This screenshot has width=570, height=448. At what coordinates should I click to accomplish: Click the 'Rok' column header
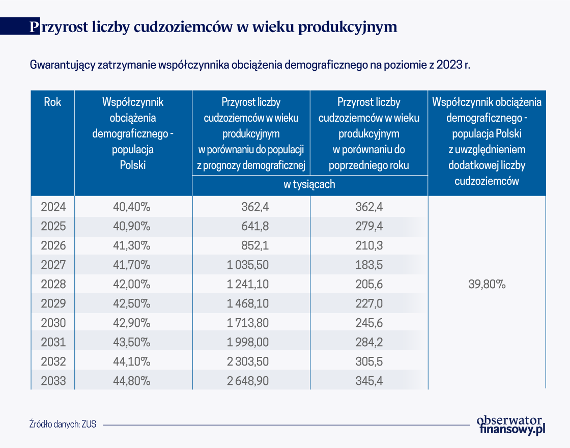click(53, 102)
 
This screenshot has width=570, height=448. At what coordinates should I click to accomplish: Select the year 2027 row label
click(53, 265)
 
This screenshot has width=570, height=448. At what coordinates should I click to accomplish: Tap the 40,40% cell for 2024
click(132, 207)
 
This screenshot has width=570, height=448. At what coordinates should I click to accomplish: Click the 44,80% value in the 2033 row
click(132, 381)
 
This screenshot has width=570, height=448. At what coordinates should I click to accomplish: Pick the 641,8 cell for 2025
click(255, 226)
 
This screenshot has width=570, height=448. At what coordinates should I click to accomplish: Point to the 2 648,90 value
click(247, 381)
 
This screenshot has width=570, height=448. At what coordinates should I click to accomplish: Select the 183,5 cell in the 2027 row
click(369, 265)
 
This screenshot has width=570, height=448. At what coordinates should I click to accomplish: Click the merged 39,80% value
click(487, 284)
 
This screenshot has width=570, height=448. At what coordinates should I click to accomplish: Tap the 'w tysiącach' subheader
click(309, 184)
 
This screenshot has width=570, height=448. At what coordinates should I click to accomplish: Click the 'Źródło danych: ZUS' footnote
click(63, 424)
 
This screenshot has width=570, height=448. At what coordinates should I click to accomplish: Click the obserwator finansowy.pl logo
click(511, 425)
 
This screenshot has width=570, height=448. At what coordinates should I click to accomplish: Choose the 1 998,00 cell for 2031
click(247, 342)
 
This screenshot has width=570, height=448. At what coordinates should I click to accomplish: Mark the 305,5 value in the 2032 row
click(369, 361)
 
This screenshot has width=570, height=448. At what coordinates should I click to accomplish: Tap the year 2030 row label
click(53, 323)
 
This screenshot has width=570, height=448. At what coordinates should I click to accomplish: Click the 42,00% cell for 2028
click(132, 284)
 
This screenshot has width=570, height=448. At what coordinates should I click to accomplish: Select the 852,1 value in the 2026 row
click(255, 245)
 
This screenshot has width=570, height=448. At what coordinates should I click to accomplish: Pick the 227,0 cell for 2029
click(369, 303)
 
